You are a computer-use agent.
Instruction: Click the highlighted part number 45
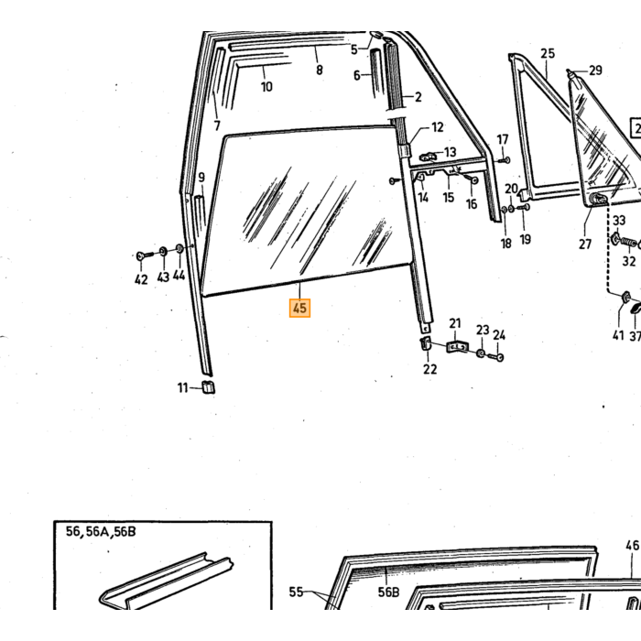[299, 308]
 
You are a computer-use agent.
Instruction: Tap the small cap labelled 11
[209, 386]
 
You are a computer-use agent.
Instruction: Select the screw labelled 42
[144, 255]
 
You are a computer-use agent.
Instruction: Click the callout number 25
[548, 53]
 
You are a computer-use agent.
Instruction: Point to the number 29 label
[595, 71]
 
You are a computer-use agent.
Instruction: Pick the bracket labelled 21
[458, 347]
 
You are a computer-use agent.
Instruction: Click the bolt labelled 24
[495, 357]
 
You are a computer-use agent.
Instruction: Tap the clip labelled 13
[428, 156]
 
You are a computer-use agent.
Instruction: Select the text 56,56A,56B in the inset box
[101, 531]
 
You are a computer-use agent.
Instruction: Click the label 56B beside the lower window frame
[388, 592]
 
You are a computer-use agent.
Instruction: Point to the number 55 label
[296, 592]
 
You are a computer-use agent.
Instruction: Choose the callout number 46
[632, 545]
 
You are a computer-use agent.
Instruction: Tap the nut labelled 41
[625, 298]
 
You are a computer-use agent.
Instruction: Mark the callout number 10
[266, 87]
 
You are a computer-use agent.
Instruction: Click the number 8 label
[320, 70]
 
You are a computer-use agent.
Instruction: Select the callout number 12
[437, 127]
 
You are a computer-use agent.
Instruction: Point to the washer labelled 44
[179, 248]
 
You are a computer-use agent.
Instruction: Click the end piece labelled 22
[425, 343]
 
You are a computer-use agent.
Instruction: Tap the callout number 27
[585, 244]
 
